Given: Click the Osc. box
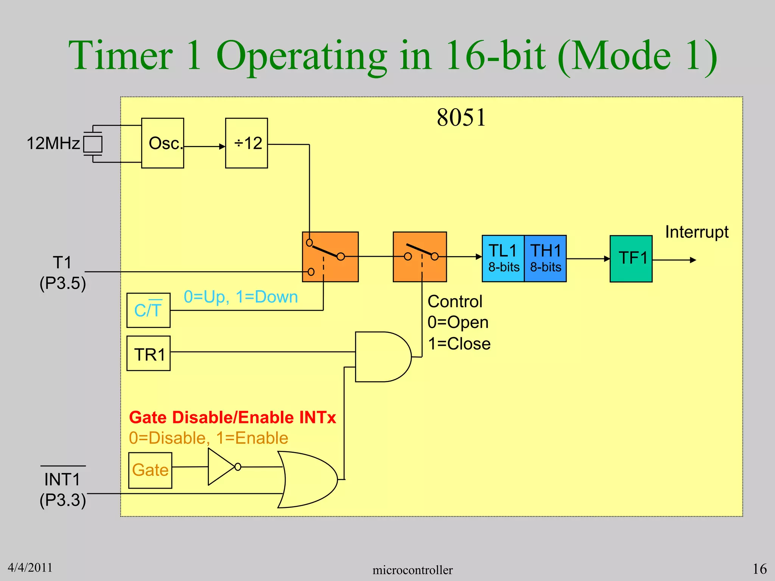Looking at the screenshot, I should pyautogui.click(x=162, y=143).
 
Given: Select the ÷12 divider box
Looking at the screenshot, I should pyautogui.click(x=246, y=143).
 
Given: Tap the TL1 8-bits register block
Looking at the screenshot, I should pyautogui.click(x=503, y=258).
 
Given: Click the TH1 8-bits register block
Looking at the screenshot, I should pyautogui.click(x=545, y=258).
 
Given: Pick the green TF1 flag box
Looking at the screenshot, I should pyautogui.click(x=631, y=259).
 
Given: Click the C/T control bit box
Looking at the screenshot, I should pyautogui.click(x=148, y=310).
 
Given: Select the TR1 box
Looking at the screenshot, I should pyautogui.click(x=148, y=353).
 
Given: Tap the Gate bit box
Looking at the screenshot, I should pyautogui.click(x=150, y=470).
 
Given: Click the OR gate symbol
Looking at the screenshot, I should pyautogui.click(x=308, y=479).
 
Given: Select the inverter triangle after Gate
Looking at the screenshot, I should pyautogui.click(x=221, y=467).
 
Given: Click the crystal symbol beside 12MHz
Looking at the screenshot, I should pyautogui.click(x=93, y=144).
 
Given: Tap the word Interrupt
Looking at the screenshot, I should pyautogui.click(x=697, y=232).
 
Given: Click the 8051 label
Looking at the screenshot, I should pyautogui.click(x=461, y=117).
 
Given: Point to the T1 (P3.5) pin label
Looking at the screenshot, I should pyautogui.click(x=62, y=272).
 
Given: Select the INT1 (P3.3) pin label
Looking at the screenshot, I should pyautogui.click(x=62, y=489).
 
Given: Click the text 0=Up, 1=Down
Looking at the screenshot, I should pyautogui.click(x=241, y=297).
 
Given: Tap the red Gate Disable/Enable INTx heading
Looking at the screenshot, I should pyautogui.click(x=232, y=418).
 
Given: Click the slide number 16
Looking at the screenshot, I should pyautogui.click(x=759, y=569).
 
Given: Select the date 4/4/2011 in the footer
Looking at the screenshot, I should pyautogui.click(x=30, y=567).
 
